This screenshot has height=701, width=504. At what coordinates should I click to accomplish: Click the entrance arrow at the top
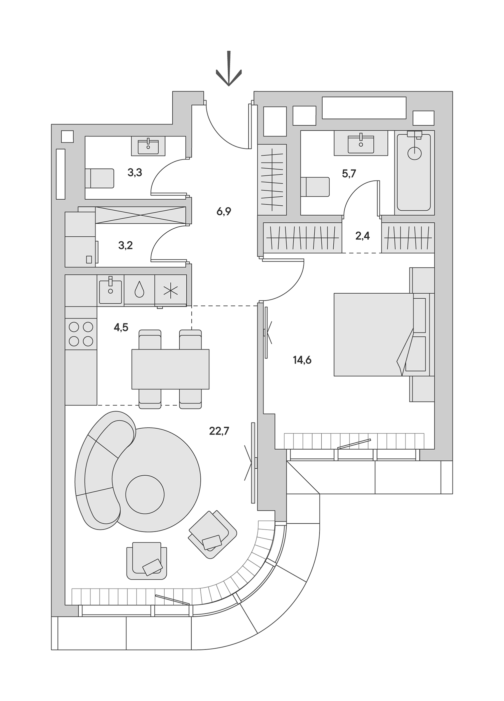(x=228, y=70)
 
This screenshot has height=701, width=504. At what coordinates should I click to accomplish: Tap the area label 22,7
(x=219, y=431)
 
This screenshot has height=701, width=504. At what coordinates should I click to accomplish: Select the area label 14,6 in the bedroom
(x=302, y=360)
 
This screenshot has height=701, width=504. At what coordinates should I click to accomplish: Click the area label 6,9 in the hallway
(x=224, y=211)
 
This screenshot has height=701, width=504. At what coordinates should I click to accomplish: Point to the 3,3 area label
(x=135, y=173)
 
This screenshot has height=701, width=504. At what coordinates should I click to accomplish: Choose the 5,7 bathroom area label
(x=349, y=174)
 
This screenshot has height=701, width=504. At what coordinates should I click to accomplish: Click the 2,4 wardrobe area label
(x=362, y=236)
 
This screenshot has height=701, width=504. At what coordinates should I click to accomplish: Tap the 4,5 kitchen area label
(x=121, y=327)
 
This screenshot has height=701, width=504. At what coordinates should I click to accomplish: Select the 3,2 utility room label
(x=125, y=245)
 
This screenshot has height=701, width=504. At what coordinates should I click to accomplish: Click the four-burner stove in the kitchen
(x=81, y=334)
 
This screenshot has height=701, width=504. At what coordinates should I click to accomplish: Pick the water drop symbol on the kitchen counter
(x=139, y=289)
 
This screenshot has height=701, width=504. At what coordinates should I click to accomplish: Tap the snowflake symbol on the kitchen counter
(x=171, y=290)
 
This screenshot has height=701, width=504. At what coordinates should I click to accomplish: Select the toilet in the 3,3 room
(x=100, y=178)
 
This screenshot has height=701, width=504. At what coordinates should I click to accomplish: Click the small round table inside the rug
(x=145, y=494)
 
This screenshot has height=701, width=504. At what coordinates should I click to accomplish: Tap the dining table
(x=170, y=369)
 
